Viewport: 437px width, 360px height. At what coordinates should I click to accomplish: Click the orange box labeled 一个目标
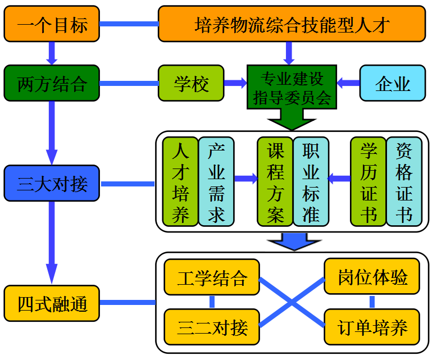(x=52, y=24)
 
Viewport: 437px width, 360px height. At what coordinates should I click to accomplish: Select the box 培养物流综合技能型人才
(x=292, y=24)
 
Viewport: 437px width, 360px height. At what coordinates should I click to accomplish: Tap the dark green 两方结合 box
(x=52, y=84)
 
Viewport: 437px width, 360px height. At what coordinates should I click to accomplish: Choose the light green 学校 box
(x=191, y=84)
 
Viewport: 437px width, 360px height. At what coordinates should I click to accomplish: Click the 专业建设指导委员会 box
(x=292, y=87)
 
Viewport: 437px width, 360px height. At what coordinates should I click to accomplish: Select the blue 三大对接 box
(x=52, y=183)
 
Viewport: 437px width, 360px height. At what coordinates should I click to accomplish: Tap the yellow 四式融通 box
(x=52, y=303)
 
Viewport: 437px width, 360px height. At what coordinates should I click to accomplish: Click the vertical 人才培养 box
(x=180, y=181)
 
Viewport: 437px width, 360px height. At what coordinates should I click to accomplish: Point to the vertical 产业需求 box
(x=216, y=181)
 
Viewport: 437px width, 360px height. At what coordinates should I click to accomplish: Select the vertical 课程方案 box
(x=275, y=181)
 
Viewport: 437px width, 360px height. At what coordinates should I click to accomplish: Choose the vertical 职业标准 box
(x=311, y=181)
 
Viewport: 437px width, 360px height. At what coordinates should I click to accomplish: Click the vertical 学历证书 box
(x=368, y=181)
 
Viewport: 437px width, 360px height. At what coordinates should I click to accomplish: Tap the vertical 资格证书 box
(x=404, y=181)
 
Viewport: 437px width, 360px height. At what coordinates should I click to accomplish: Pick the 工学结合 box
(x=212, y=277)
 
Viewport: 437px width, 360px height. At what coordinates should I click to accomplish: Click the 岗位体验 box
(x=372, y=277)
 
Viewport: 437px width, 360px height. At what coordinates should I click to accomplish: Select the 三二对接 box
(x=212, y=327)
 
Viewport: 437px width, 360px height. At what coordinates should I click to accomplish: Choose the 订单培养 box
(x=372, y=327)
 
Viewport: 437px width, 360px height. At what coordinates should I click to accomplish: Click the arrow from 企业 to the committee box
(x=348, y=83)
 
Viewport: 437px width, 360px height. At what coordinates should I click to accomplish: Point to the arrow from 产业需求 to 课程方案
(x=245, y=179)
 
